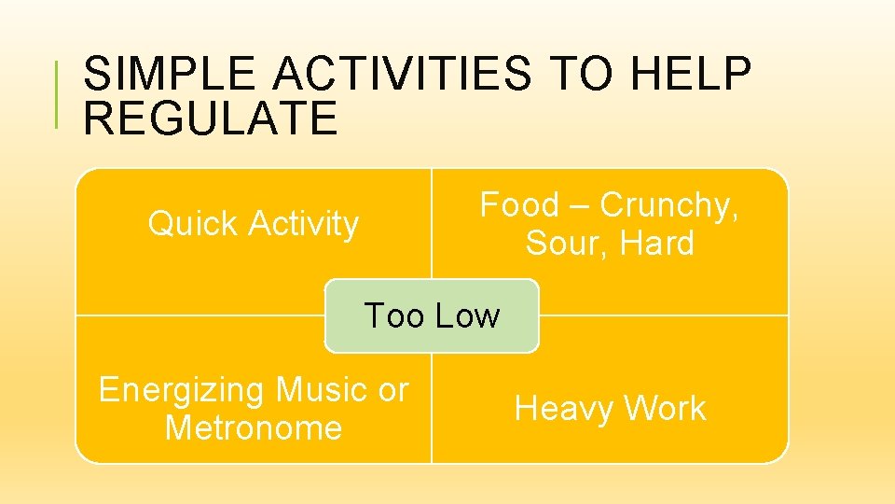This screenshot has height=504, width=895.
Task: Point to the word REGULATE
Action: [210, 119]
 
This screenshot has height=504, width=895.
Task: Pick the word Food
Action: [519, 205]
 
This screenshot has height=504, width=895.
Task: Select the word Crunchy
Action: [668, 206]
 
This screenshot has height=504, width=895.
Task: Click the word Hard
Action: [656, 244]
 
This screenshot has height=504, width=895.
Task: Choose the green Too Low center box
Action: [432, 315]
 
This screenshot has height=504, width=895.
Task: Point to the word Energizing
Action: [181, 389]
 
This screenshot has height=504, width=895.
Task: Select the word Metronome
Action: [253, 428]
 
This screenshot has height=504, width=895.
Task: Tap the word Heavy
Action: [564, 409]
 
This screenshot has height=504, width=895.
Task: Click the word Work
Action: [665, 409]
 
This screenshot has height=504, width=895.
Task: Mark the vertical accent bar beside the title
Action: [58, 93]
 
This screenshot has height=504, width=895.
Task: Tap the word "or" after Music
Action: [392, 390]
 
